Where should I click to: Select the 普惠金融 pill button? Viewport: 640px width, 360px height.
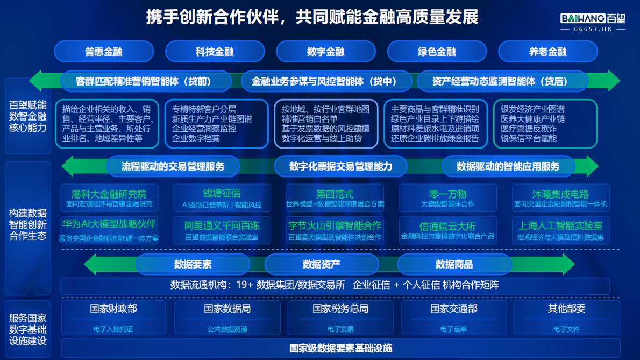coord(104,52)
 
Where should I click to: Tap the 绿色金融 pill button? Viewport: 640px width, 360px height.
coord(437,52)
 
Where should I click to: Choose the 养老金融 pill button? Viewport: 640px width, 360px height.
coord(547,52)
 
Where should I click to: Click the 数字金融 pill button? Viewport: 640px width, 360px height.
coord(325,52)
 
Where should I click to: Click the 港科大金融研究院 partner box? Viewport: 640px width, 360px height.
coord(109,197)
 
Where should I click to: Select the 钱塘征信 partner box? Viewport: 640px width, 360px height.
coord(222,197)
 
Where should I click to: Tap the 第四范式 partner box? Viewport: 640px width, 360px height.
coord(335,197)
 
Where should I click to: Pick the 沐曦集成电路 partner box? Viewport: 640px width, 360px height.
coord(560,197)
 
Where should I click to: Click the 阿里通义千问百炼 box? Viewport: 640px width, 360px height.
coord(222,230)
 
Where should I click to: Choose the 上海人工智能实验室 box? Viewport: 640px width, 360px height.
coord(560,230)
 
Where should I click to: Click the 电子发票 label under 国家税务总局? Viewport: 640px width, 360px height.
coord(340,329)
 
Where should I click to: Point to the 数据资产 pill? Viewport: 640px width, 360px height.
coord(321,264)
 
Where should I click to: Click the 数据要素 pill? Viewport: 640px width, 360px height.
coord(193,264)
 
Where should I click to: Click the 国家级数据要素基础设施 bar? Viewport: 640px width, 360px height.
coord(340,348)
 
